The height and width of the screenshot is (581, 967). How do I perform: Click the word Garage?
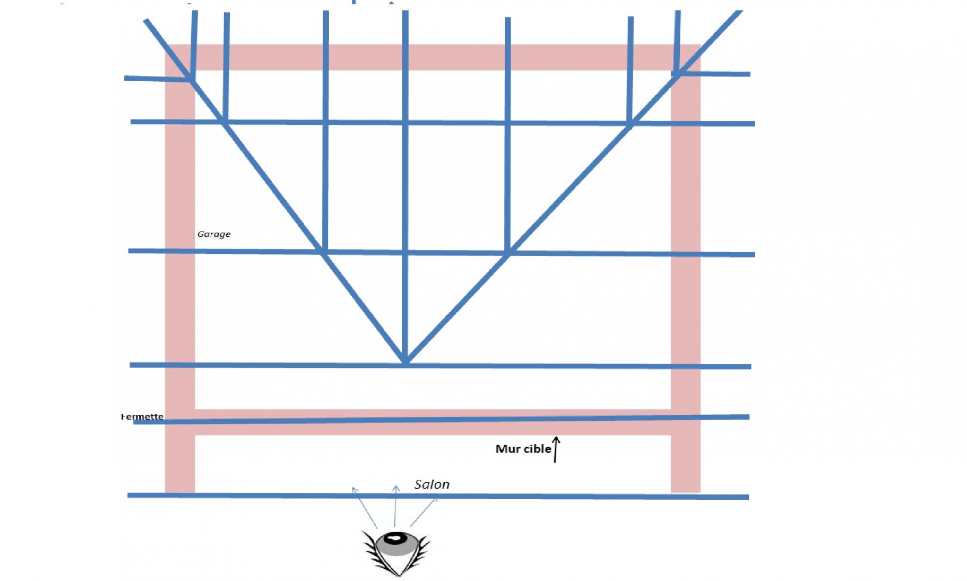[214, 234]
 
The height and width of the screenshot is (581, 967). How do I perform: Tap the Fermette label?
[142, 417]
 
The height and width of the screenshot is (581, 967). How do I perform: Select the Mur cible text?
[523, 449]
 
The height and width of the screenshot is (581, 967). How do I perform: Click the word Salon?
[432, 484]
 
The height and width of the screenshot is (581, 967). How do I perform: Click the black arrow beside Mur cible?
[556, 450]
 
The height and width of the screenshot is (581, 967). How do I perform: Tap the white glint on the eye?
[396, 538]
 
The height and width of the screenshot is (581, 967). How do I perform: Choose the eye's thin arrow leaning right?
[424, 512]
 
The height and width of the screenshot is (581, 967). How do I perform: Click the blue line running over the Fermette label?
[435, 420]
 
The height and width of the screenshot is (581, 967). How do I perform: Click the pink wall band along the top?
[435, 57]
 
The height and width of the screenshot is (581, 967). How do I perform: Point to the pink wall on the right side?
[686, 290]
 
